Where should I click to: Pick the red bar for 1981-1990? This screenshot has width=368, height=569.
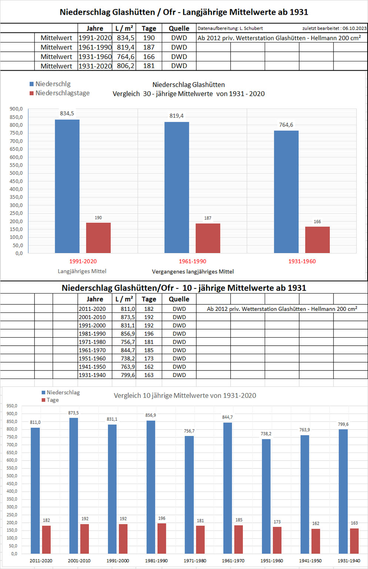tap(162, 538)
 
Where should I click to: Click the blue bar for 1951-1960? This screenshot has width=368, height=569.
tap(266, 496)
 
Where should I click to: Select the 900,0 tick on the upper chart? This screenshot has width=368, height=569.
tap(16, 109)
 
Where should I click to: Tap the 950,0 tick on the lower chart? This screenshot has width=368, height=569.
tap(12, 406)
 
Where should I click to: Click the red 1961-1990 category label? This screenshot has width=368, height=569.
tap(193, 261)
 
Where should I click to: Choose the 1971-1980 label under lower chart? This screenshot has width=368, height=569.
tap(195, 560)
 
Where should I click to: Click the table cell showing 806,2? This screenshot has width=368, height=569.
tap(126, 66)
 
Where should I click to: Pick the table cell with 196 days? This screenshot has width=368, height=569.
tap(149, 334)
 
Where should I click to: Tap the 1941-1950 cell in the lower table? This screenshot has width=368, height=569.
tap(92, 367)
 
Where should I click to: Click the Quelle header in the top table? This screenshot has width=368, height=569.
tap(179, 28)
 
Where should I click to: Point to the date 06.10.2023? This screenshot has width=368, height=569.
tap(354, 28)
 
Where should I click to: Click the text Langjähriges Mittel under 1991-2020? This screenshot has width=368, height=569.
tap(82, 271)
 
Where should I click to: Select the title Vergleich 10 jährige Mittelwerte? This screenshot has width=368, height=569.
tap(185, 396)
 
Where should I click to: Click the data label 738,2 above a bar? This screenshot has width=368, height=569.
tap(266, 434)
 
